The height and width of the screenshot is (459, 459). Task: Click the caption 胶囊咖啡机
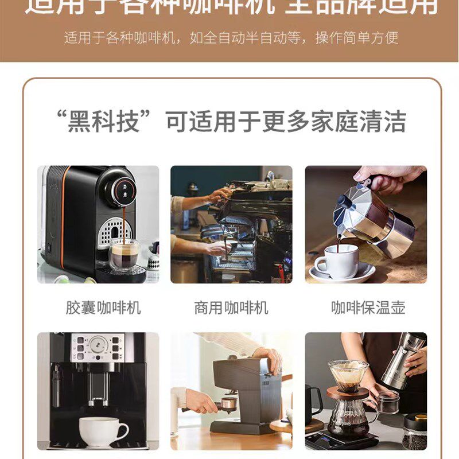(x=103, y=308)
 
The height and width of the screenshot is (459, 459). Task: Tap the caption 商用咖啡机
(x=231, y=308)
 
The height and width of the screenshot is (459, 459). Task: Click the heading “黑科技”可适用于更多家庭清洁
(x=236, y=122)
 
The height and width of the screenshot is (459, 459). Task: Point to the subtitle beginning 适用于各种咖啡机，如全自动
(x=231, y=38)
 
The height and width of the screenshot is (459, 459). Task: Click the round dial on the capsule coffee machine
(x=122, y=189)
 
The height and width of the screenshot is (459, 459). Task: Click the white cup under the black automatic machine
(x=103, y=431)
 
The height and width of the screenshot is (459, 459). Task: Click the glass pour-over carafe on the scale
(x=347, y=416)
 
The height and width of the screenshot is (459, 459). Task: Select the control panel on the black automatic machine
(x=98, y=347)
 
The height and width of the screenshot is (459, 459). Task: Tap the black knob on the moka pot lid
(x=343, y=201)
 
